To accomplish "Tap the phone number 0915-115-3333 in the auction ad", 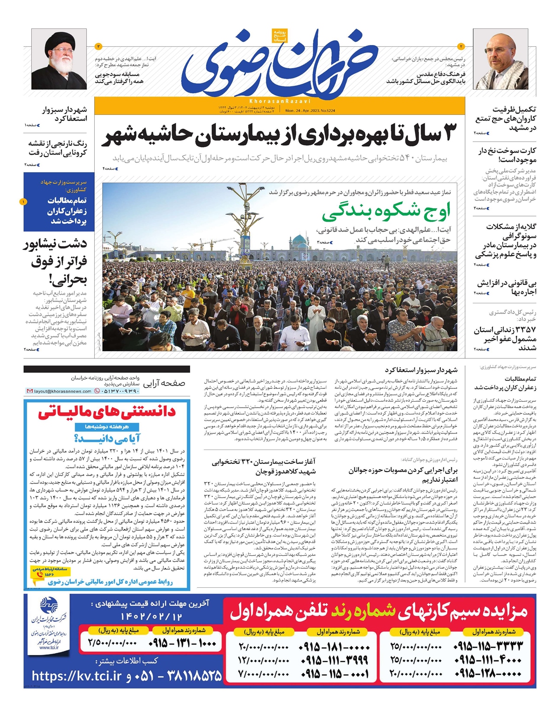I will point(488,646).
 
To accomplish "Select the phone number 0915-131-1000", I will point(183,643).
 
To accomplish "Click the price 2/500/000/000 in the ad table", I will point(112,643).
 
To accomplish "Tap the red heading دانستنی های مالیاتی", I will point(107,411).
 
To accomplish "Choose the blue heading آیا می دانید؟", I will point(108,438).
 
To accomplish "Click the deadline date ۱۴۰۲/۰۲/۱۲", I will point(151,616).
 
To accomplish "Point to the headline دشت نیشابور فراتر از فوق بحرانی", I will point(56,261).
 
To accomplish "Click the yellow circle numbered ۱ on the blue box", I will point(24,202).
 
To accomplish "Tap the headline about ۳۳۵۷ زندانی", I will point(505,338).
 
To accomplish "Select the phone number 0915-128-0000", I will point(488,674).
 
